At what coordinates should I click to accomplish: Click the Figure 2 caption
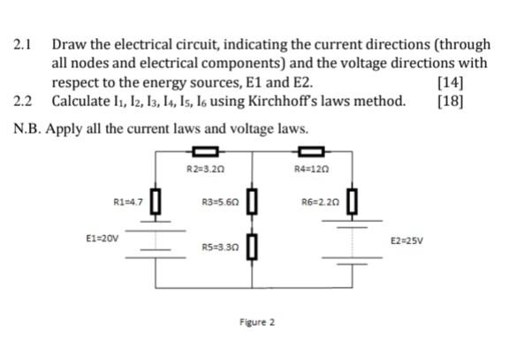(256, 322)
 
